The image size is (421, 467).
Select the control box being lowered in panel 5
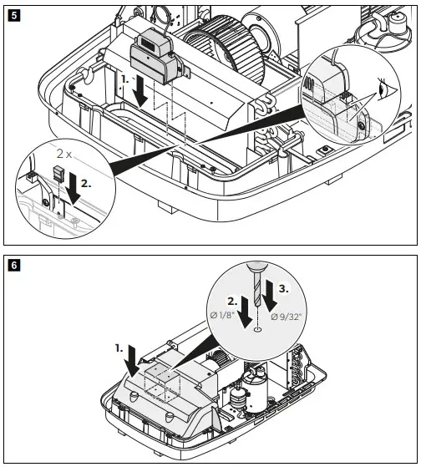pyautogui.click(x=152, y=54)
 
